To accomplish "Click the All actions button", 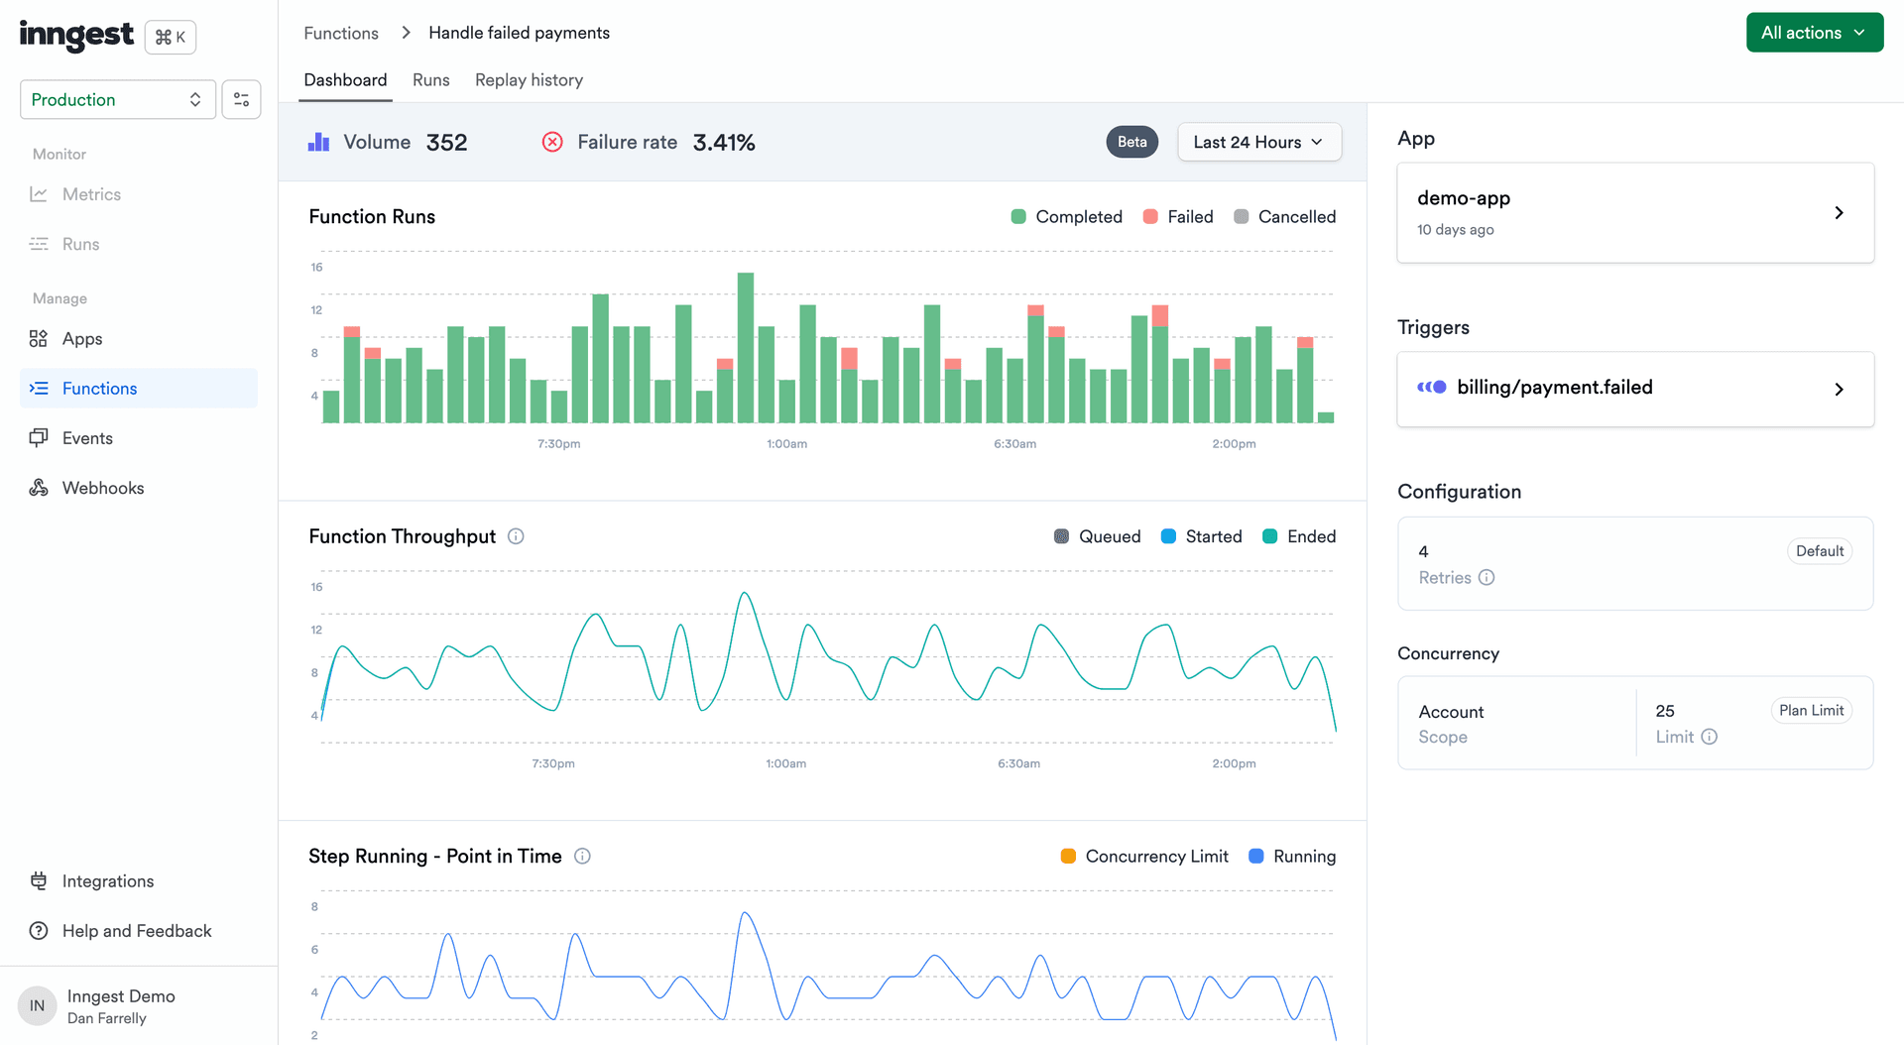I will click(1814, 33).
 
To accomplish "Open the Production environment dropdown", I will click(117, 99).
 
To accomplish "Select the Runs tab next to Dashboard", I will click(430, 80).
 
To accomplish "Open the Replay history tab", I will click(529, 80).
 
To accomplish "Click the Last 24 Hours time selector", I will click(1258, 142).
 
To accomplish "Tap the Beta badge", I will click(1131, 142).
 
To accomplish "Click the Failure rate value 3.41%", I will click(723, 143).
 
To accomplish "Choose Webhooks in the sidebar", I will click(102, 488).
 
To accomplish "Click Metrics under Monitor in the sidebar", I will click(91, 194).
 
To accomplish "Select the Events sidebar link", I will click(87, 438).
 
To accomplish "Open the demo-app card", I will click(1634, 213).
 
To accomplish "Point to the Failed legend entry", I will click(1178, 217).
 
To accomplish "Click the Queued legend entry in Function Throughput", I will click(1097, 536).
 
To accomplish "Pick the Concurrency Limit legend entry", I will click(1144, 857).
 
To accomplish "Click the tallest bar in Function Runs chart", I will click(746, 347).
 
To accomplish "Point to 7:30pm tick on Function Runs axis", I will click(558, 444).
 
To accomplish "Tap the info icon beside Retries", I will click(1486, 578).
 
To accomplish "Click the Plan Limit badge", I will click(1810, 711).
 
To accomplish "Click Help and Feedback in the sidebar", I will click(136, 931).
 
